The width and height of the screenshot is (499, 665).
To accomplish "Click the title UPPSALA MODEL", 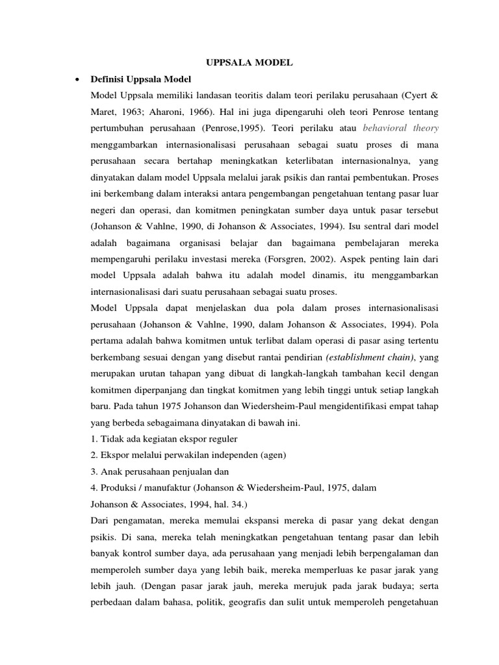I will coord(249,62).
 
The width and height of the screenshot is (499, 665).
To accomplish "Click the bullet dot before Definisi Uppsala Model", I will coord(78,79).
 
